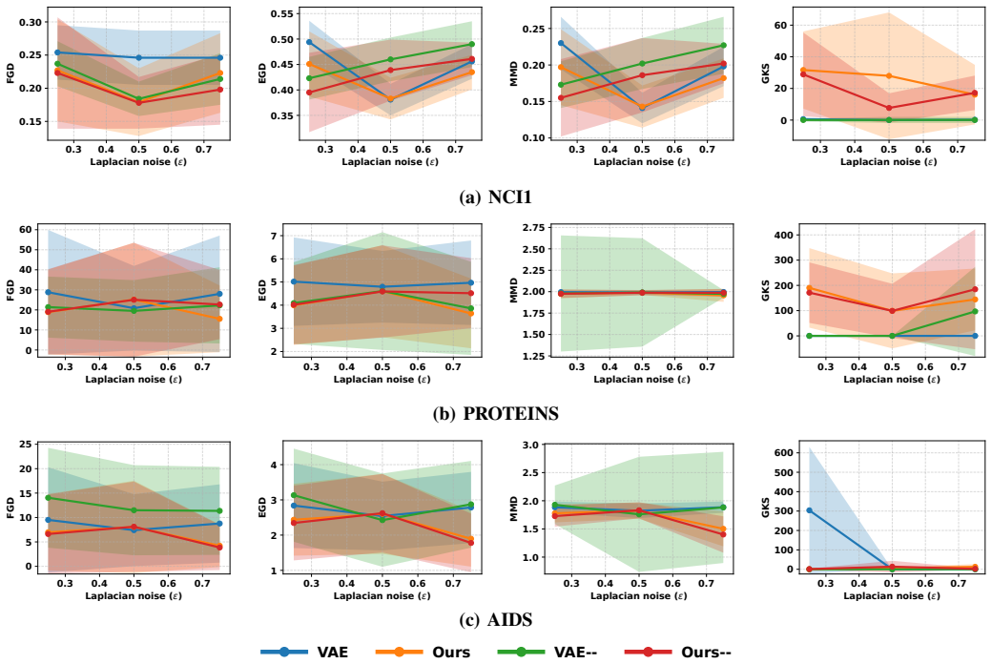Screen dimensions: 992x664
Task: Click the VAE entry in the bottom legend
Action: coord(304,652)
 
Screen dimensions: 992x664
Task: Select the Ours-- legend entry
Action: coord(677,652)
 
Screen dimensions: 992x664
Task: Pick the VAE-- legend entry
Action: coord(548,652)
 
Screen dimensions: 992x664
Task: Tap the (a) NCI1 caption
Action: coord(495,197)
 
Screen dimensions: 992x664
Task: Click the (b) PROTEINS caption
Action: coord(495,414)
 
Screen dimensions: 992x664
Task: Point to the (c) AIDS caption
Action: coord(495,620)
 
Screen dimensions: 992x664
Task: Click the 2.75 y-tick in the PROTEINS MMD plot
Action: coord(534,228)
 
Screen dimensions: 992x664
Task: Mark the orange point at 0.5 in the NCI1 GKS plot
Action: coord(889,76)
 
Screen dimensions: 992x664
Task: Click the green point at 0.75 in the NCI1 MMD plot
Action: coord(724,46)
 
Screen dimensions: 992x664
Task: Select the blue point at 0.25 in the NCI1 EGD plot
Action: coord(309,42)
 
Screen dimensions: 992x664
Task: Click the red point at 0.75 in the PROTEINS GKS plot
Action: coord(974,289)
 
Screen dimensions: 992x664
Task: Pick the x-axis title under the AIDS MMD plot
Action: coord(638,595)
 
